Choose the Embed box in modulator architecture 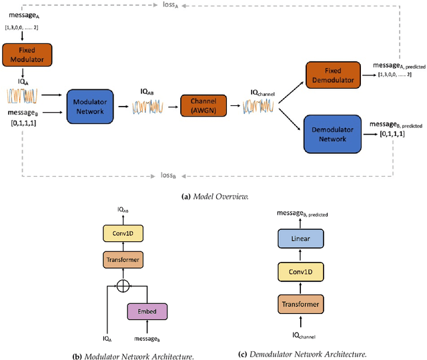click(x=146, y=311)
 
